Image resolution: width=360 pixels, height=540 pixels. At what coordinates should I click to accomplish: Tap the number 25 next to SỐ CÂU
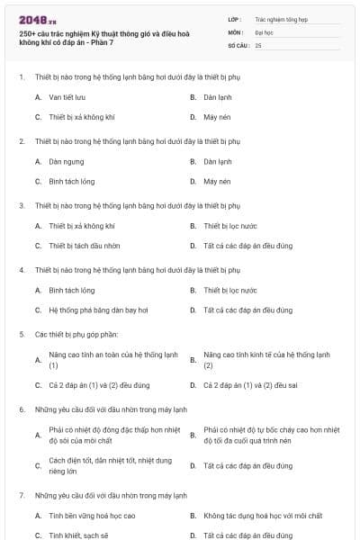click(258, 44)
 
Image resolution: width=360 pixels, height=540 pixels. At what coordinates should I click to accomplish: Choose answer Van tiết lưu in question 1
click(67, 95)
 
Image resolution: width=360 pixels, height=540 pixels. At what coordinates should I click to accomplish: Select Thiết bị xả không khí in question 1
click(82, 117)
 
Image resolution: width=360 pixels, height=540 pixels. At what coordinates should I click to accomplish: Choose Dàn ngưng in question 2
click(67, 161)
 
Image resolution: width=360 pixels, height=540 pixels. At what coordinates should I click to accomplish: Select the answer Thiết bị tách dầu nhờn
click(85, 246)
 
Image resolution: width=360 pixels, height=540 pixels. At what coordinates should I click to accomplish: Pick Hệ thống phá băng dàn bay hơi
click(98, 310)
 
